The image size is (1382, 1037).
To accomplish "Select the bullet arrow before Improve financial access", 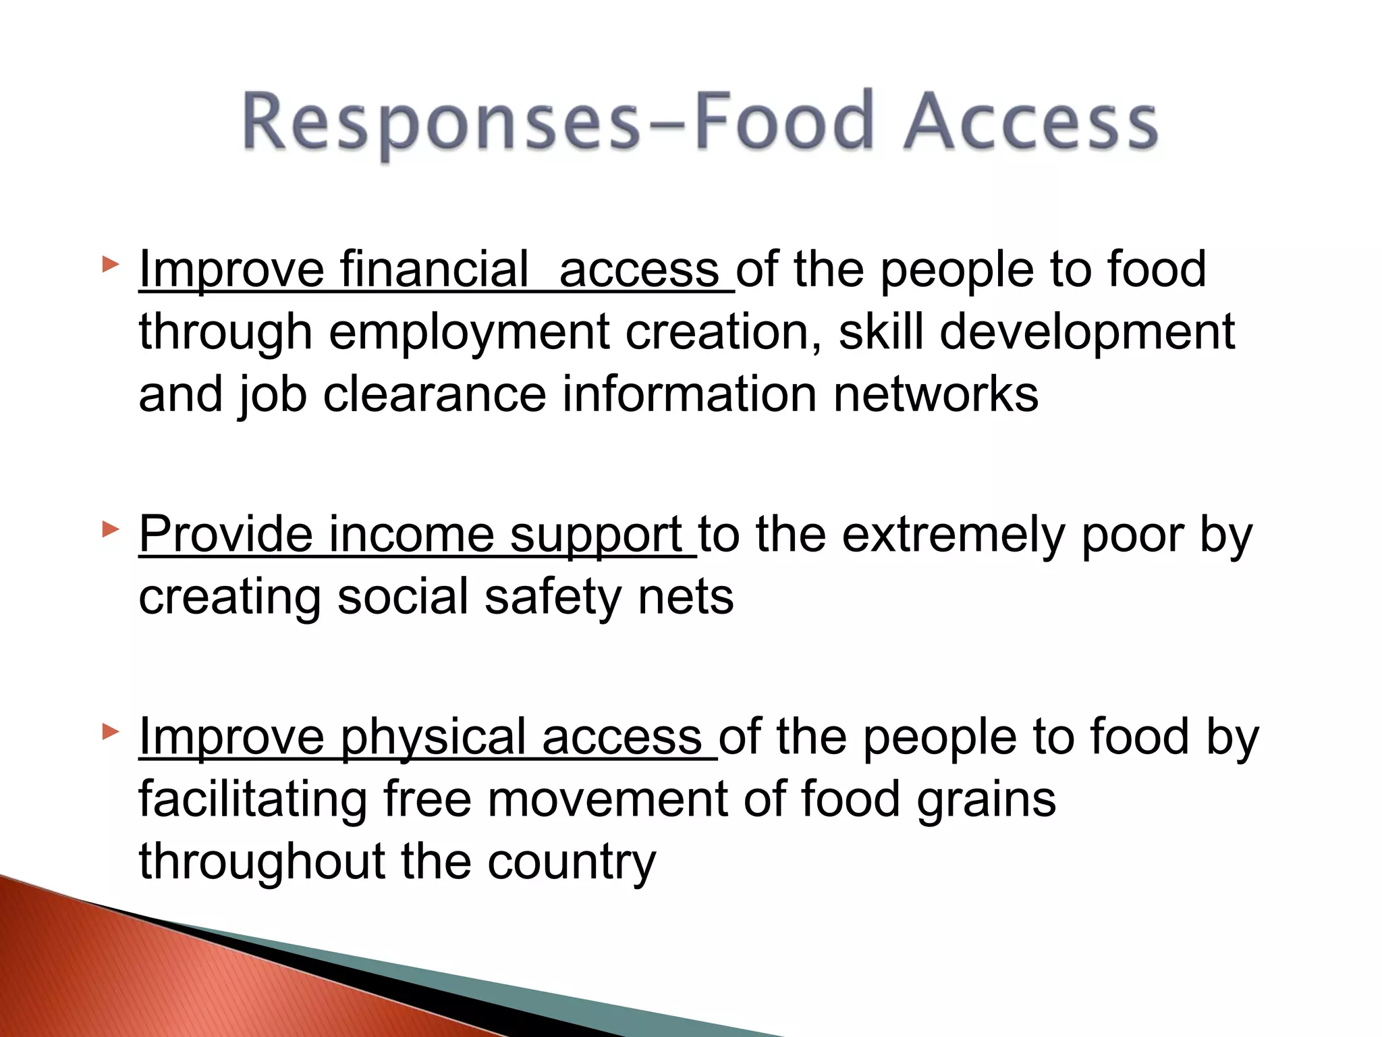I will click(x=110, y=264).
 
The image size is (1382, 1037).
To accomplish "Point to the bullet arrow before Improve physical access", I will click(x=110, y=731).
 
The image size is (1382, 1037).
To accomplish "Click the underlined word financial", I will click(x=435, y=269).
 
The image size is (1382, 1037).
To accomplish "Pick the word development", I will click(x=1087, y=332).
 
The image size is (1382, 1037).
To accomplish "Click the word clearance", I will click(x=435, y=394).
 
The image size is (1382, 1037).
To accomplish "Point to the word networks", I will click(x=936, y=394).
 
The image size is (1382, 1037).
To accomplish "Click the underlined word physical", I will click(x=433, y=737).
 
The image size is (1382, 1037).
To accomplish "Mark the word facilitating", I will click(x=253, y=799).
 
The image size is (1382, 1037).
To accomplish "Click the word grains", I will click(x=986, y=801).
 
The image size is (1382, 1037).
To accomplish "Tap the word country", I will click(x=572, y=862).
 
